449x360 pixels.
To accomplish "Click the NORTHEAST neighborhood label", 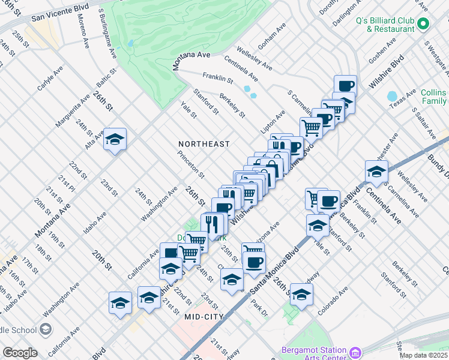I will (x=204, y=144).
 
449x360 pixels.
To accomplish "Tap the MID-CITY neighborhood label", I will (x=204, y=316).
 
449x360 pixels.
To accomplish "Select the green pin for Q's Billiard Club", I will (x=423, y=25).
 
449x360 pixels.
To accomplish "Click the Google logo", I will (x=20, y=353).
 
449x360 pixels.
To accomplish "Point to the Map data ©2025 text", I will (x=423, y=355).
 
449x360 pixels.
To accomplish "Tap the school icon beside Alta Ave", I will (x=114, y=140).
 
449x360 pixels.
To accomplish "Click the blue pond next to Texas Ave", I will (x=393, y=97).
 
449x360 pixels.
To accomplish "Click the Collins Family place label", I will (x=433, y=97).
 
